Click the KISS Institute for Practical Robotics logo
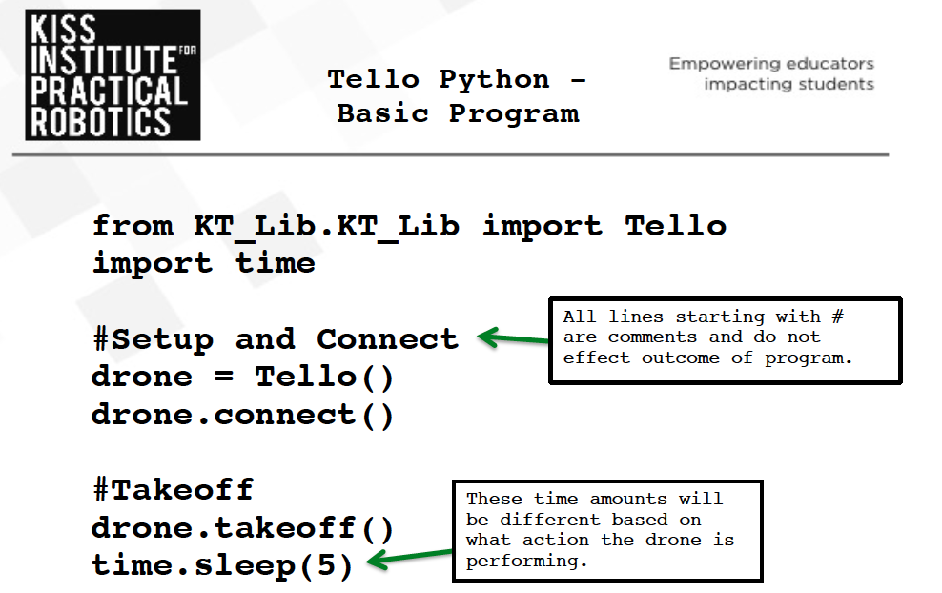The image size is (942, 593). (x=113, y=75)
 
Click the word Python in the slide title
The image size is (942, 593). (x=494, y=80)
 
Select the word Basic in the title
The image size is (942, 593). (x=382, y=113)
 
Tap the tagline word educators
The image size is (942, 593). (x=831, y=64)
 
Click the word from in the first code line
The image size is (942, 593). (x=133, y=226)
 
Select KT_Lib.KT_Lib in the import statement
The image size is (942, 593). (x=327, y=227)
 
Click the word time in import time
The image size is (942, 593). (x=276, y=263)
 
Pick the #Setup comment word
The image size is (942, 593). (x=154, y=340)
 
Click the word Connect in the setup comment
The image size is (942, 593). (x=387, y=339)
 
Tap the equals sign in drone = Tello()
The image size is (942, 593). (x=223, y=377)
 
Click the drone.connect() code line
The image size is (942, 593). (x=242, y=416)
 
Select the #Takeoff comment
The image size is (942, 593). (x=173, y=489)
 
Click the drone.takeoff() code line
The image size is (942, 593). (x=242, y=529)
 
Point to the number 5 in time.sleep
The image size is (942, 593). (x=326, y=565)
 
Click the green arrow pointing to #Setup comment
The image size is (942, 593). (x=513, y=338)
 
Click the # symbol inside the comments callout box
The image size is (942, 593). (x=837, y=316)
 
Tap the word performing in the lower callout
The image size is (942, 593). (x=527, y=562)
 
